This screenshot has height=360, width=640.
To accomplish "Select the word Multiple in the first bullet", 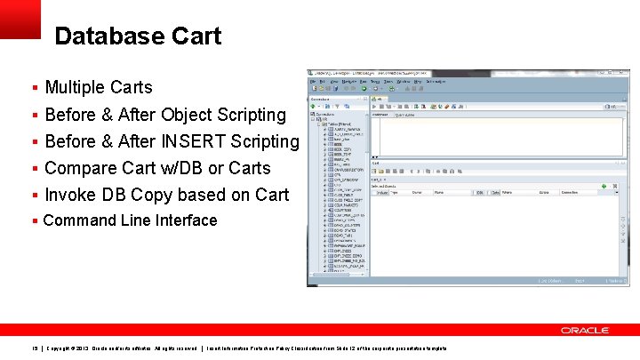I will tap(75, 87).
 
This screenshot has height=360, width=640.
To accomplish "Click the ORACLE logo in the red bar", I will tap(584, 330).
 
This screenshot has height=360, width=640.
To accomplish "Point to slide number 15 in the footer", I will tap(35, 348).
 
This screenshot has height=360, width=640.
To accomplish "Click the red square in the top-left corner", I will tap(20, 19).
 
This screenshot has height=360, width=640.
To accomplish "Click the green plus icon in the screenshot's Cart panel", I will tap(604, 186).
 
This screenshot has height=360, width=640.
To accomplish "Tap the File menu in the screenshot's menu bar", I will tap(313, 81).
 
